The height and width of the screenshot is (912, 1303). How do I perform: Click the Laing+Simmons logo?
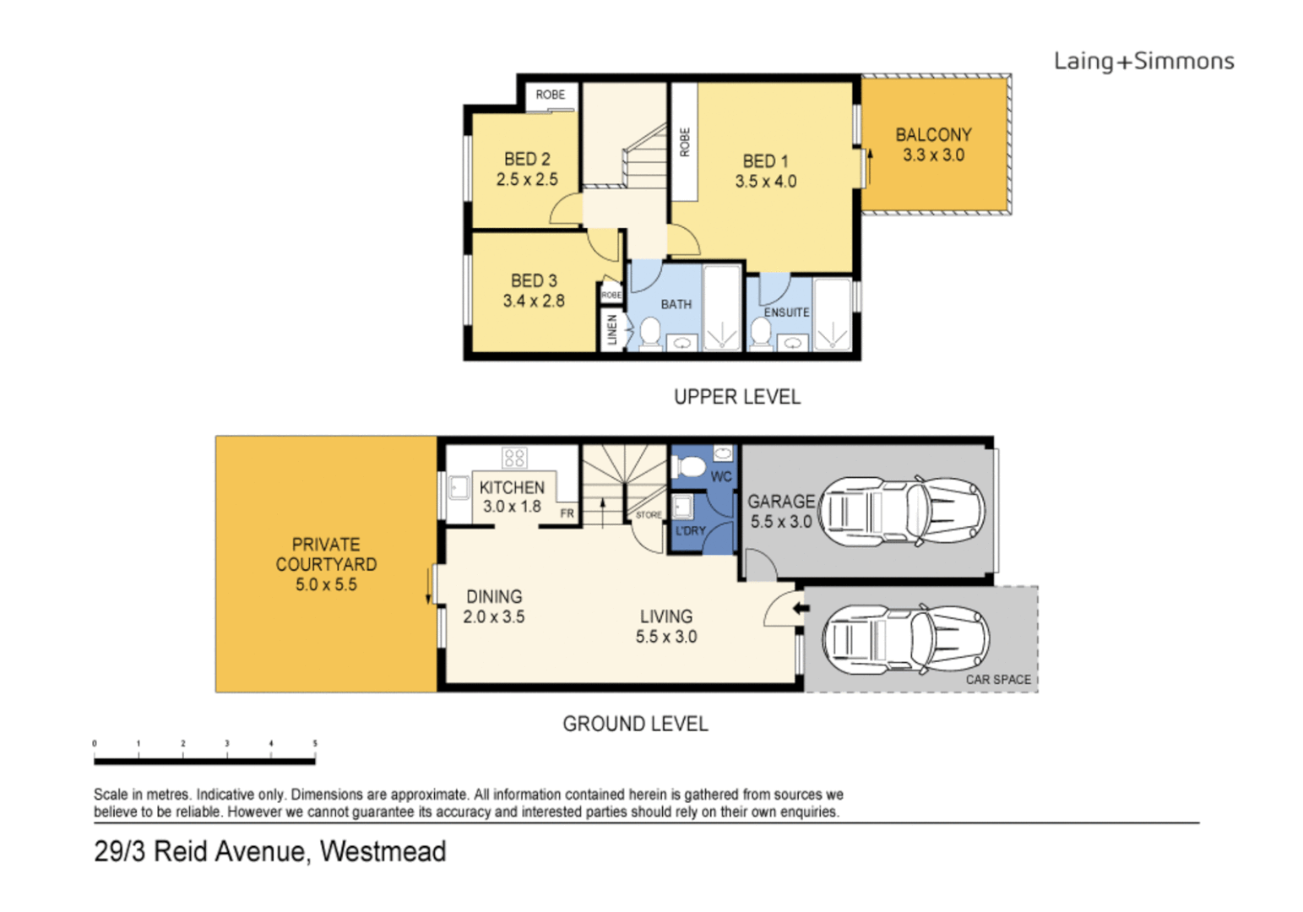tap(1143, 61)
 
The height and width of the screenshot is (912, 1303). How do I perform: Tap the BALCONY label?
tap(933, 135)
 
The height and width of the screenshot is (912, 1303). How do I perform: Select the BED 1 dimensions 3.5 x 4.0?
tap(765, 182)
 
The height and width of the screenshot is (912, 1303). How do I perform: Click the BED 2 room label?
tap(527, 159)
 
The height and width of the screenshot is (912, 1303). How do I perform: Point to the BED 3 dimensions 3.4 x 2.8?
tap(534, 301)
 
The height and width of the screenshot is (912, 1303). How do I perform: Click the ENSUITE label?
tap(786, 312)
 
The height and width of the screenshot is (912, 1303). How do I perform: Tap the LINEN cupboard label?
tap(612, 329)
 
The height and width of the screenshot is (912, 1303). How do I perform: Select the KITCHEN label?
tap(512, 487)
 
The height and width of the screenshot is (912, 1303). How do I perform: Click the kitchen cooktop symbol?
tap(514, 458)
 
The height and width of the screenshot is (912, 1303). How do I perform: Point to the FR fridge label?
tap(567, 513)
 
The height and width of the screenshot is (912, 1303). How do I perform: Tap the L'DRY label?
tap(690, 531)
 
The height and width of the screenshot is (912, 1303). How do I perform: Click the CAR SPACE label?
tap(998, 679)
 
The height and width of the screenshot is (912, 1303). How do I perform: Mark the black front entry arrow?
tap(801, 608)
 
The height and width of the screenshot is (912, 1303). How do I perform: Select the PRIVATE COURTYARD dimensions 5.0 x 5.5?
tap(326, 584)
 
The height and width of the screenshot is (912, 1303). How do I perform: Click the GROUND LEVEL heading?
tap(635, 724)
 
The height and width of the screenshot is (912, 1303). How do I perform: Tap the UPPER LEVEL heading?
tap(736, 397)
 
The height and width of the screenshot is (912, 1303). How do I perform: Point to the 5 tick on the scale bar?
tap(315, 744)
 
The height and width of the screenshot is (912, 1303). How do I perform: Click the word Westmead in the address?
tap(383, 851)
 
